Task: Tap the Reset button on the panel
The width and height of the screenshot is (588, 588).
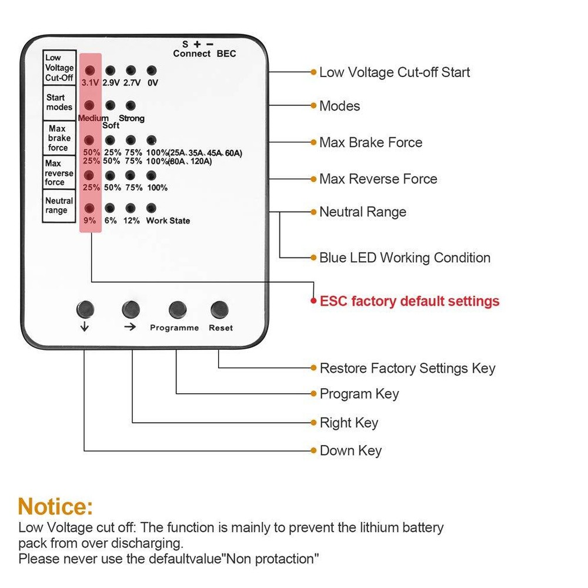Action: point(220,309)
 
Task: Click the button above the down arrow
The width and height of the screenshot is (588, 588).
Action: point(85,308)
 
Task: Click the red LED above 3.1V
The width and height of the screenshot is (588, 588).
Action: point(90,71)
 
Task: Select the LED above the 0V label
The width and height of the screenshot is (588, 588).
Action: point(152,71)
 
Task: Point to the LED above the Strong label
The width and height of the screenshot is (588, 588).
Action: point(131,105)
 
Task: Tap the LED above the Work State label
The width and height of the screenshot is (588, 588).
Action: point(151,208)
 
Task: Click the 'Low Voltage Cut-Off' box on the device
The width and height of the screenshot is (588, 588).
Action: point(59,68)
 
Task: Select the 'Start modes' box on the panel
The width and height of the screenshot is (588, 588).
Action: point(59,102)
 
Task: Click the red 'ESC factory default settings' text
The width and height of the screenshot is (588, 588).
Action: point(409,301)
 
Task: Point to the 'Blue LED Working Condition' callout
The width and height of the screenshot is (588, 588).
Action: point(405,258)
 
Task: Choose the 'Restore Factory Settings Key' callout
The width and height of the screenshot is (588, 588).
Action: point(407,369)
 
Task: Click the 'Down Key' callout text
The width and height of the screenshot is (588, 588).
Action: point(350,451)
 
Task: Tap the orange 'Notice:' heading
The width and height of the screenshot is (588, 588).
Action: point(55,506)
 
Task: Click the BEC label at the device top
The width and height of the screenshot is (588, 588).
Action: point(226,54)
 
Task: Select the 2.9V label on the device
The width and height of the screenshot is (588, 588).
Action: point(111,83)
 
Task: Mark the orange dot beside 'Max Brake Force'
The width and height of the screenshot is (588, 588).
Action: point(313,142)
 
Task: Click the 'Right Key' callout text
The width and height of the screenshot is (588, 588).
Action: point(349,423)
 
